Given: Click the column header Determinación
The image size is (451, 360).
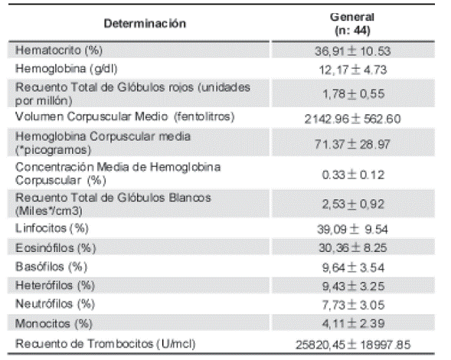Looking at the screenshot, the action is tap(145, 24).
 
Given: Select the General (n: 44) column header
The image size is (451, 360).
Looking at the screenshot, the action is tap(352, 24).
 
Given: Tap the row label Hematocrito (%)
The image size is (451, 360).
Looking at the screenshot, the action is tap(59, 51).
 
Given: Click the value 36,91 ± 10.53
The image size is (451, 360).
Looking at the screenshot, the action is tap(352, 51).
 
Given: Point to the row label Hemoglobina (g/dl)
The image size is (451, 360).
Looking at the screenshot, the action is tap(66, 69).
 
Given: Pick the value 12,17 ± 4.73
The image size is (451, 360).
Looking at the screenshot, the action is tap(353, 70).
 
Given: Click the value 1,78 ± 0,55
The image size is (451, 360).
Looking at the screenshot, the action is tap(354, 93).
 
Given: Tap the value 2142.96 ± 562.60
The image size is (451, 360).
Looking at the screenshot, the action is tap(352, 119).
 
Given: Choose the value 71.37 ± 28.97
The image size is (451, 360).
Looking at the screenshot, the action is tap(352, 144).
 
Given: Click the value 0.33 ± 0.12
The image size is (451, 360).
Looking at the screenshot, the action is tap(353, 175).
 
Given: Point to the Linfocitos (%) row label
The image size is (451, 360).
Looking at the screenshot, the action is tap(52, 228).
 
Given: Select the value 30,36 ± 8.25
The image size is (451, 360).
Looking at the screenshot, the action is tap(353, 247).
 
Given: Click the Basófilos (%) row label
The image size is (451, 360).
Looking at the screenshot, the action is tap(51, 267).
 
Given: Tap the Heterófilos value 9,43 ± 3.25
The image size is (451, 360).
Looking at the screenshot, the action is tap(353, 286).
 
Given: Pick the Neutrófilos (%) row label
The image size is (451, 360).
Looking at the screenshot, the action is tap(55, 304).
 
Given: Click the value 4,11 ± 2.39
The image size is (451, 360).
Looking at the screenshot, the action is tap(353, 323).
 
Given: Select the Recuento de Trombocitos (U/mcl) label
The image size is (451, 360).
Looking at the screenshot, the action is tap(105, 344).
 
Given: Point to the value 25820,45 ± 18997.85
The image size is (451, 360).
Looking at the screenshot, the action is tap(353, 345).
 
